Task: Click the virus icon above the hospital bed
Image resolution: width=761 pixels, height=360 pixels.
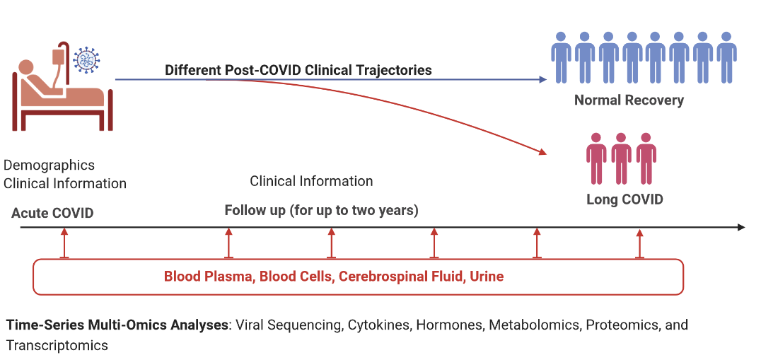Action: point(87,60)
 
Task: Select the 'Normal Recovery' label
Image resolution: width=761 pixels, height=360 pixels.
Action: point(629,100)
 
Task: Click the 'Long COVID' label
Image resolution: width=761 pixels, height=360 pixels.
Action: point(625,199)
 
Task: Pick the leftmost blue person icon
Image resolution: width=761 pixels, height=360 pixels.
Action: point(561,57)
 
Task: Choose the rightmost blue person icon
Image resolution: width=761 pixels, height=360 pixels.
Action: point(726,57)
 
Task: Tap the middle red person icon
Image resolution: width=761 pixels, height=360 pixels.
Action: point(621,158)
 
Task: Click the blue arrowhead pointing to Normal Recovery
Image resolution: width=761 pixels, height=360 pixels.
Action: point(543,80)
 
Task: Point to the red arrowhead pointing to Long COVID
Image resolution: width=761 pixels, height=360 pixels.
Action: point(542,151)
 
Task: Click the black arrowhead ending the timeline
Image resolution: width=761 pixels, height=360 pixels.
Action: point(741,227)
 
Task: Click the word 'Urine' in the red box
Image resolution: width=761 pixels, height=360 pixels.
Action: point(487,276)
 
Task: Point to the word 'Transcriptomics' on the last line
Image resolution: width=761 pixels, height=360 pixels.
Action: point(57,345)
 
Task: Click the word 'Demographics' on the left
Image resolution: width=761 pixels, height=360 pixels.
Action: point(49,166)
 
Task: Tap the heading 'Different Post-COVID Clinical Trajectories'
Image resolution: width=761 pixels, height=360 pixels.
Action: point(298,70)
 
